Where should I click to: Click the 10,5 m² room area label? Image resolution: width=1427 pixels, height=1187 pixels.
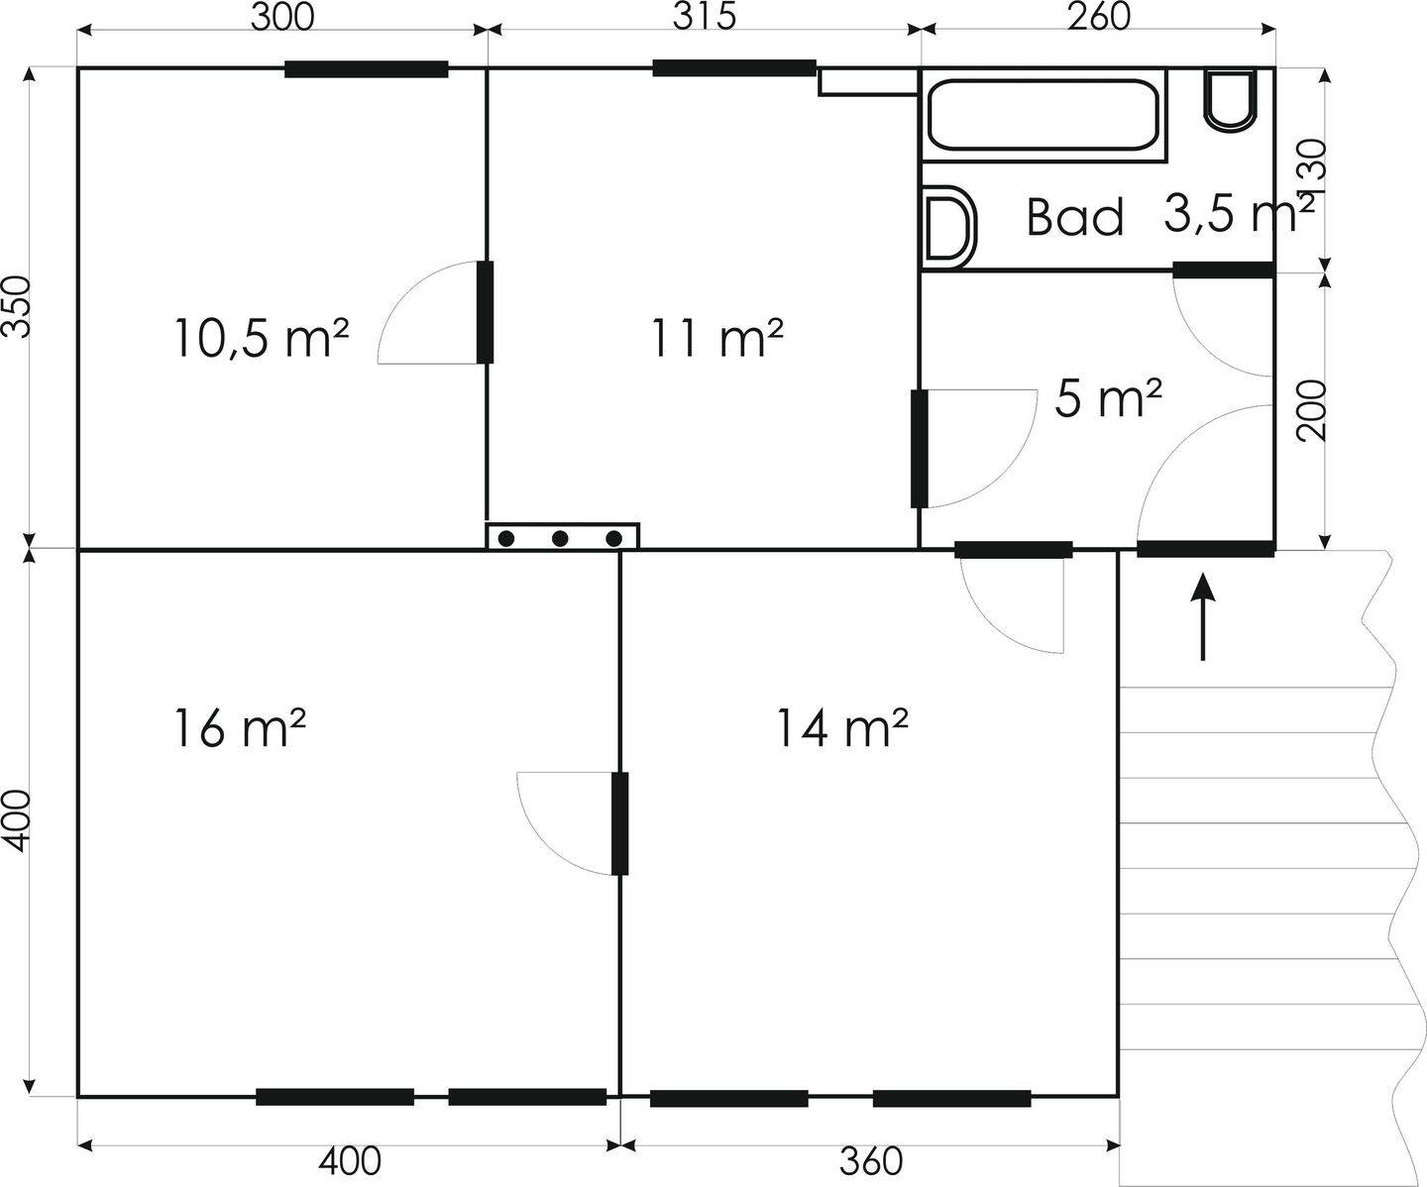[263, 338]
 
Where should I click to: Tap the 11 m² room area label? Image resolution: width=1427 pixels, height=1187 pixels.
[716, 338]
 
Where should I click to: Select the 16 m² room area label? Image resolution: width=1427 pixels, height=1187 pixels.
[240, 728]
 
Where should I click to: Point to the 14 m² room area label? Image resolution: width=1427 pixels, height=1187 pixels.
[842, 728]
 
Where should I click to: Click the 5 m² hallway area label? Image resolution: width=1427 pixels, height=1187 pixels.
[1108, 398]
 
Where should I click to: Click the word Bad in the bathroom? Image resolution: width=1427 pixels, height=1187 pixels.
[1075, 217]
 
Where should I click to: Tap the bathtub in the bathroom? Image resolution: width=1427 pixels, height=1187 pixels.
[1043, 115]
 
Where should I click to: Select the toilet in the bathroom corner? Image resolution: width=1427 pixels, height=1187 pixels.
[1230, 100]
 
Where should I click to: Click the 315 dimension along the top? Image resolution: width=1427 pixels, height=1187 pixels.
[705, 17]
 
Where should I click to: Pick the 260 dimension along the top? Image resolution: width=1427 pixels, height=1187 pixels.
[1098, 17]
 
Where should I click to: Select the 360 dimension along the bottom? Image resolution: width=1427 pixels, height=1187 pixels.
[871, 1161]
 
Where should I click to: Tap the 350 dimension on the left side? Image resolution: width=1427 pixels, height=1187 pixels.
[17, 307]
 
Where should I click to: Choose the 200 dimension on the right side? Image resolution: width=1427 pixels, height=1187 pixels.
[1312, 410]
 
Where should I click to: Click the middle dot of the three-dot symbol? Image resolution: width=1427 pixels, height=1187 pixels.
[560, 538]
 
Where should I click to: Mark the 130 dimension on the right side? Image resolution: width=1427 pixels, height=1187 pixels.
[1312, 170]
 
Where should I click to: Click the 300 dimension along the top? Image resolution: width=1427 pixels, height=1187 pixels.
[282, 17]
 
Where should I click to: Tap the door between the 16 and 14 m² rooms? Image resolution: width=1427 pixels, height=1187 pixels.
[619, 823]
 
